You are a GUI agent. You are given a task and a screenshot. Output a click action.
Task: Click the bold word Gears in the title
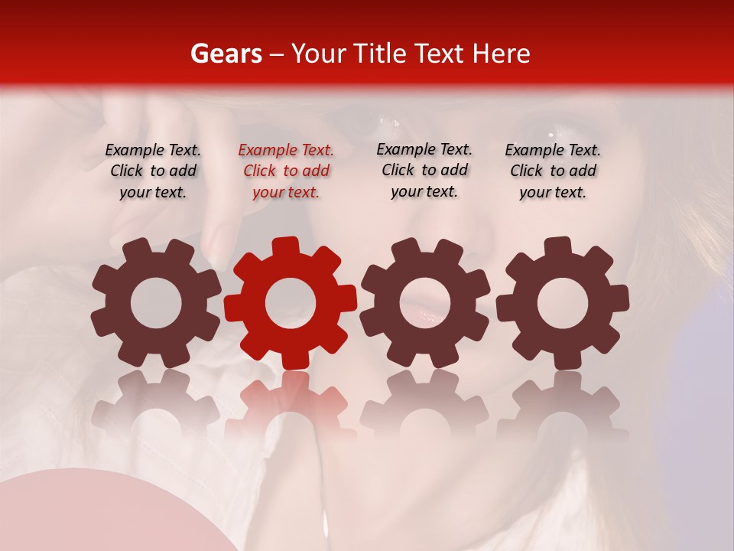(226, 54)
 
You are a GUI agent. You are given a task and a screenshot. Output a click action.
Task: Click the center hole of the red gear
(291, 303)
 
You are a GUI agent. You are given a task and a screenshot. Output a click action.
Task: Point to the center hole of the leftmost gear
(156, 303)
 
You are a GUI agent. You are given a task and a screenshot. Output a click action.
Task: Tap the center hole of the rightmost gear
(563, 303)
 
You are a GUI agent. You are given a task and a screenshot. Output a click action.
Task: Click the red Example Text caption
(286, 171)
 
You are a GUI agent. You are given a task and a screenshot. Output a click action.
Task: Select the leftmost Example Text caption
(153, 171)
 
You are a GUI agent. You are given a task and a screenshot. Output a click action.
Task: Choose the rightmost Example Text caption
(553, 171)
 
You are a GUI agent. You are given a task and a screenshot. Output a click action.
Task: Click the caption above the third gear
(424, 170)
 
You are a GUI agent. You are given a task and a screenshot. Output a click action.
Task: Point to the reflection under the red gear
(291, 406)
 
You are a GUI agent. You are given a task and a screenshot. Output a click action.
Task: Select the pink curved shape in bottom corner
(99, 513)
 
